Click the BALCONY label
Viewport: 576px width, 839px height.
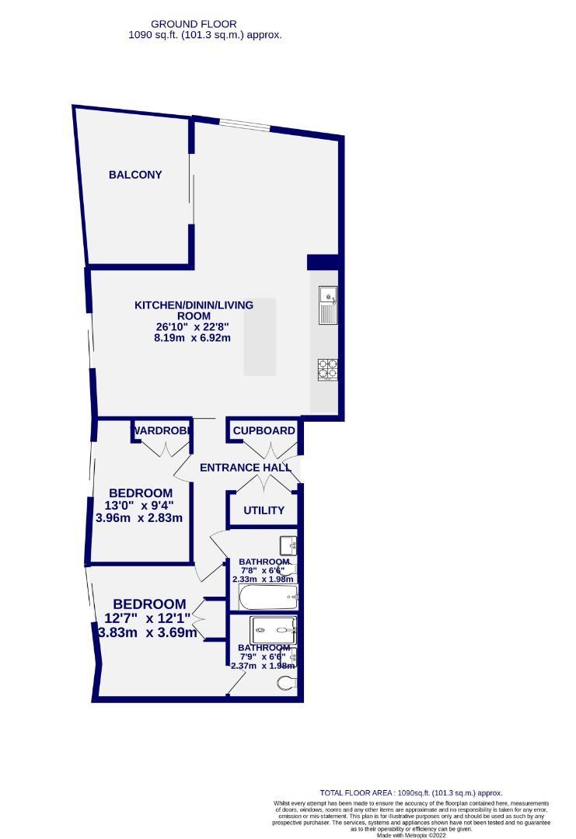coord(135,175)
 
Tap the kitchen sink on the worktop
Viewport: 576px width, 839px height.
coord(327,305)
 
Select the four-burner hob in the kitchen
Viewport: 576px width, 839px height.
coord(327,368)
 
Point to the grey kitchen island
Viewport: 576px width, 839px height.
coord(260,337)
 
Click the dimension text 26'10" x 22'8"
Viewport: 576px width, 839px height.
coord(194,327)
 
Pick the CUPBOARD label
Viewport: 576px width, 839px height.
coord(264,430)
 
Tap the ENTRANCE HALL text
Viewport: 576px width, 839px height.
coord(246,468)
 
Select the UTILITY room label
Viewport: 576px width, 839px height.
coord(264,510)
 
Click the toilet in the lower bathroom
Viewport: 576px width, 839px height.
coord(287,684)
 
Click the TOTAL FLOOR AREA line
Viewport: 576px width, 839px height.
coord(411,792)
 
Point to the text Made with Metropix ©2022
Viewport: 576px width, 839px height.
coord(411,836)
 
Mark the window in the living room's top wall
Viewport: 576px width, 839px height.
coord(244,124)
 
